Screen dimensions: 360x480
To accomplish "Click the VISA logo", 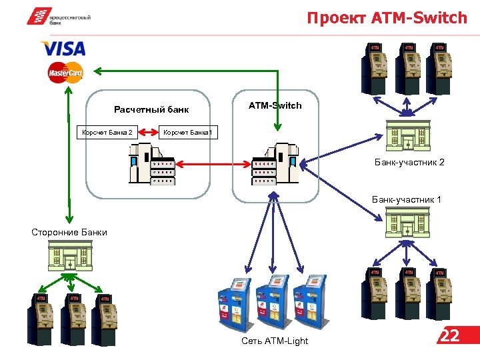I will [63, 49].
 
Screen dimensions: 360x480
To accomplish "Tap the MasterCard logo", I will [65, 72].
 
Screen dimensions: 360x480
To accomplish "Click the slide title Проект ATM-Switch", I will [387, 18].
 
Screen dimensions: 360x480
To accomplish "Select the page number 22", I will [451, 335].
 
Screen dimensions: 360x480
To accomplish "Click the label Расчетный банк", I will [151, 109].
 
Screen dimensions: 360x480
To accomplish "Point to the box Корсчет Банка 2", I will [107, 132].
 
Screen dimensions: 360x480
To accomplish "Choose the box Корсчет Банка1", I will [187, 132].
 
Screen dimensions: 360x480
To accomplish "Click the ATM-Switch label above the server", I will [275, 105].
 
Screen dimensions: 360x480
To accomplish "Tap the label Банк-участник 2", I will [409, 162].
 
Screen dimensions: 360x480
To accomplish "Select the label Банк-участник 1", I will [406, 199].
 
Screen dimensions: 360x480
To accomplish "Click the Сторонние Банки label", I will [69, 232].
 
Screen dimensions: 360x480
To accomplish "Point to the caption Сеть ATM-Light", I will [275, 341].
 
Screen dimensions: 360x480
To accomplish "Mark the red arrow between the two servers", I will [213, 163].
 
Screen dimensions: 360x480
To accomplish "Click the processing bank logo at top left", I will [59, 17].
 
